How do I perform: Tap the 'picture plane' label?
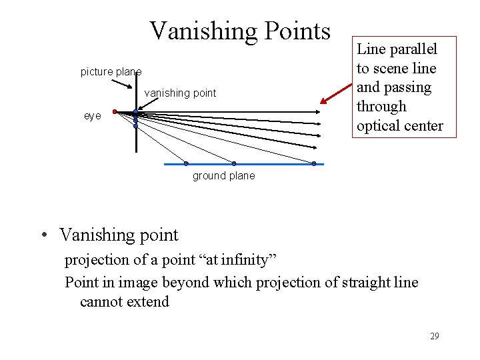(x=111, y=72)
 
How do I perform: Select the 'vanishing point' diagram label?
(x=180, y=93)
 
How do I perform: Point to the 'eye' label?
(x=93, y=116)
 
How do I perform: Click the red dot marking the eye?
(x=115, y=111)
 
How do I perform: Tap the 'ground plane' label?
(x=223, y=176)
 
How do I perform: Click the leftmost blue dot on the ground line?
(x=186, y=163)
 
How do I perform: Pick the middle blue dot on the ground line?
(x=234, y=163)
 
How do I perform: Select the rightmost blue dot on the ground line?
(x=313, y=163)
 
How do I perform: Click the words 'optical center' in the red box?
(x=399, y=125)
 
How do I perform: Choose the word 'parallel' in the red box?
(x=414, y=49)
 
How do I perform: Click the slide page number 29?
(x=434, y=336)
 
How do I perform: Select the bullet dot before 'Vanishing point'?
(x=44, y=236)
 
